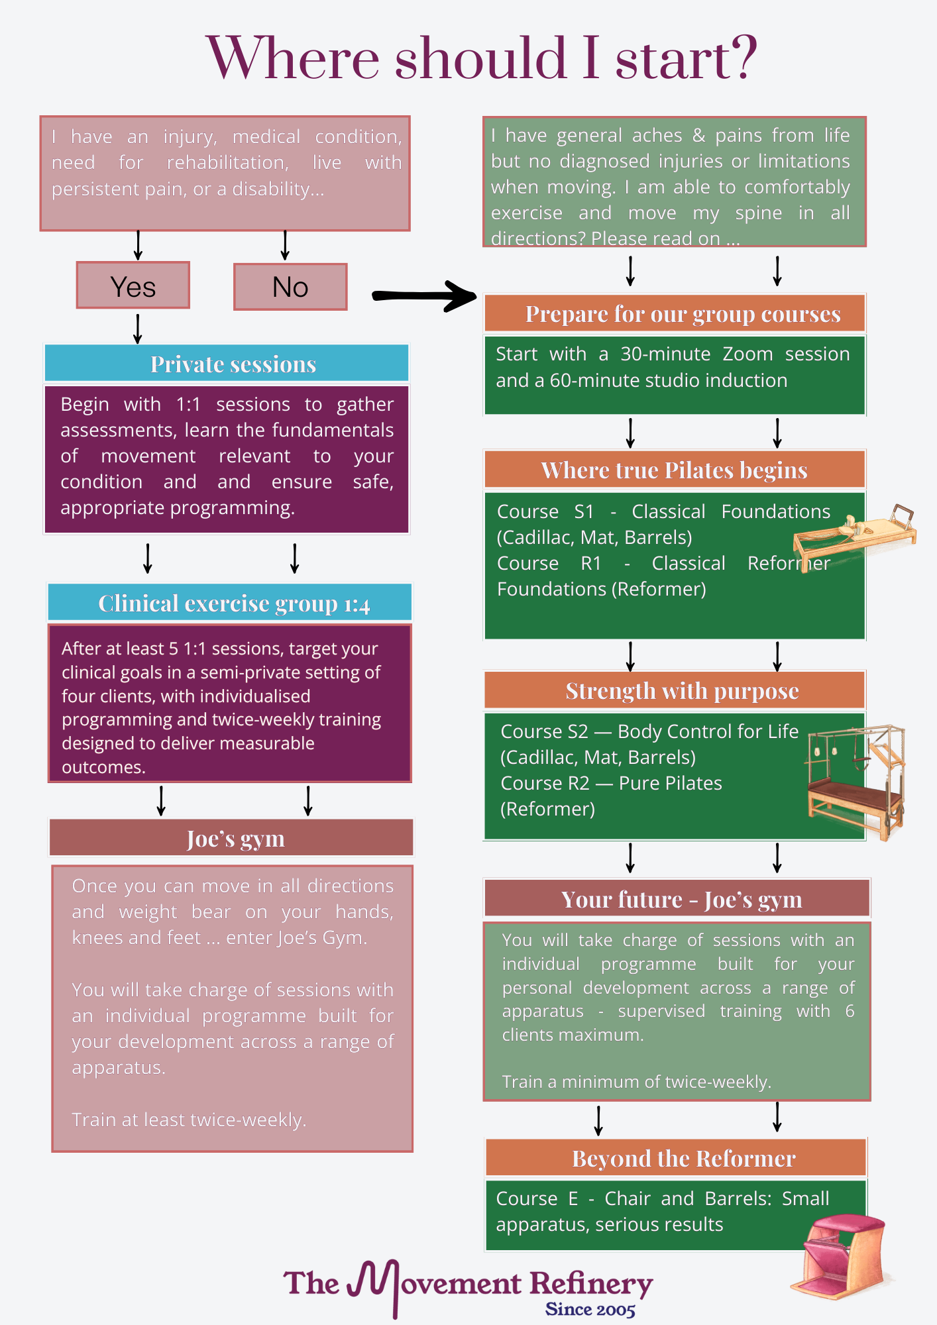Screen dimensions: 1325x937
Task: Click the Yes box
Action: click(x=133, y=286)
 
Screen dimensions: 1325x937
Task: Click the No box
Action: click(x=290, y=287)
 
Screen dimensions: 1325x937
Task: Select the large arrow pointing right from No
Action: click(x=424, y=295)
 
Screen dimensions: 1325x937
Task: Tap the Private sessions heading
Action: click(x=233, y=364)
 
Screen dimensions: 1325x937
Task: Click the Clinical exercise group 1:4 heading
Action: click(x=233, y=603)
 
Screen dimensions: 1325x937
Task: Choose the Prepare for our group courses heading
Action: click(x=683, y=313)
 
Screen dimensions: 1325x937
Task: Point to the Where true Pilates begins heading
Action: click(x=674, y=470)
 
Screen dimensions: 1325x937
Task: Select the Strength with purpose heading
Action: click(x=682, y=690)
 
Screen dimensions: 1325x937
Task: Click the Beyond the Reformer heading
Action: click(x=683, y=1158)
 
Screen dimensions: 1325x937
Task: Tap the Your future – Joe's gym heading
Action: click(x=681, y=899)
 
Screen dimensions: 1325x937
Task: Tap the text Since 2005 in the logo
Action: click(x=590, y=1309)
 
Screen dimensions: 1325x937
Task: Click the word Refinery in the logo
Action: click(x=590, y=1283)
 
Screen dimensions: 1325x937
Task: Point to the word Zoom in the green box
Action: click(x=747, y=354)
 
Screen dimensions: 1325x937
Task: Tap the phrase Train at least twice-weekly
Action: click(x=189, y=1120)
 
